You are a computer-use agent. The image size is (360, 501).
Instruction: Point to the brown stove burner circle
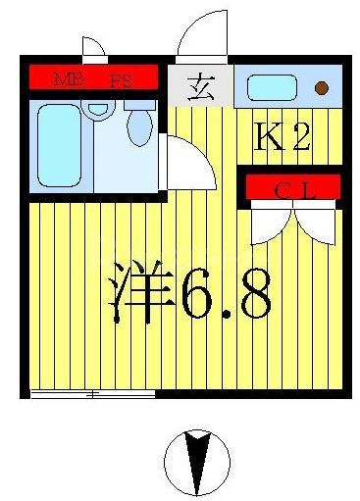[321, 88]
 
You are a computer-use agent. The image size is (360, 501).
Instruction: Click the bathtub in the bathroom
[59, 144]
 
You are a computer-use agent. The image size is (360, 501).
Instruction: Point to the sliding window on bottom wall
[92, 394]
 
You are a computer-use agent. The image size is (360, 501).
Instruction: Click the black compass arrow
[196, 460]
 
